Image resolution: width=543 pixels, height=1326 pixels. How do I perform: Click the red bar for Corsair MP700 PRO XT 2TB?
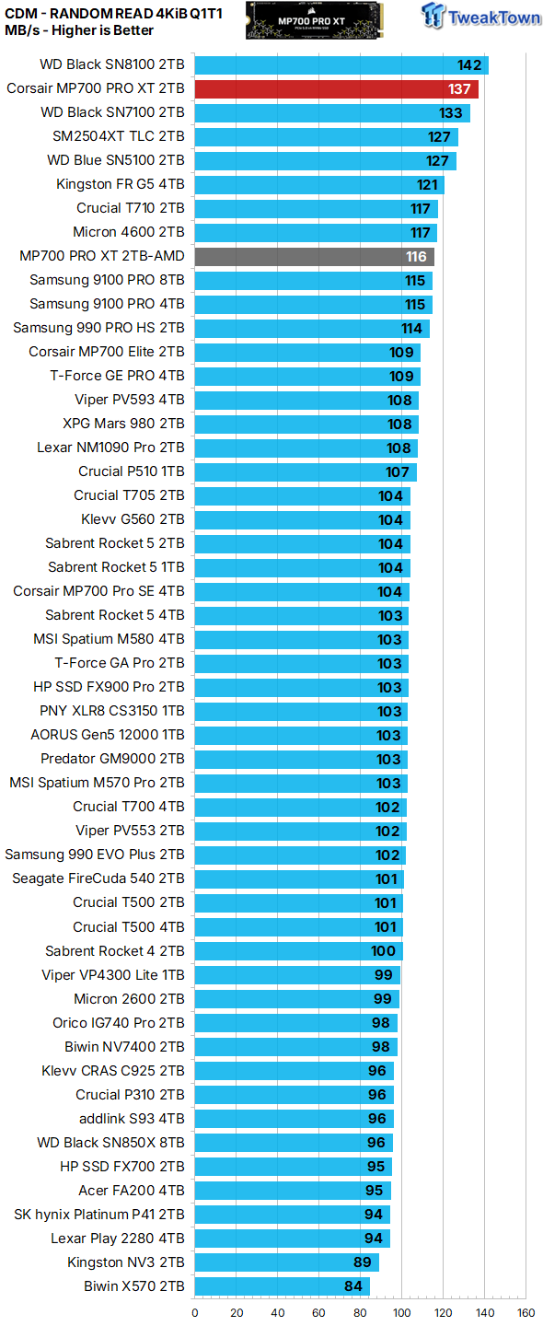pos(336,89)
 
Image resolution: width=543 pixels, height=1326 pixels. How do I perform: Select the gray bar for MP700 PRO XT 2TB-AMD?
pos(314,256)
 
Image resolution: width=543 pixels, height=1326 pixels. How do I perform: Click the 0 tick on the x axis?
pos(195,1313)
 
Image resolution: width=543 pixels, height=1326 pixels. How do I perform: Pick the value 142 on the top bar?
pos(470,64)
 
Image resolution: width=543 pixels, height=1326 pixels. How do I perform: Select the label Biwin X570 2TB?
pos(133,1286)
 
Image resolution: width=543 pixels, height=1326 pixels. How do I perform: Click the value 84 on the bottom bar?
pos(352,1286)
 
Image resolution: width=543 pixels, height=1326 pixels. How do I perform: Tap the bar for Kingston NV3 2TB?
pos(286,1262)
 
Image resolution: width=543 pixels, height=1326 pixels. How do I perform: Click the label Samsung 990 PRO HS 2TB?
pos(98,328)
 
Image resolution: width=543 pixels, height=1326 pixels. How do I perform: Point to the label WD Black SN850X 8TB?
pos(110,1143)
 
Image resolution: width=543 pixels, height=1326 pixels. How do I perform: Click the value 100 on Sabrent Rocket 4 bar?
pos(383,951)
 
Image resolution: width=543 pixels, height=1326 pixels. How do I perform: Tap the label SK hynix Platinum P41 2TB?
pos(99,1215)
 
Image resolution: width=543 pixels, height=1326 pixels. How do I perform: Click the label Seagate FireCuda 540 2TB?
pos(98,878)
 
